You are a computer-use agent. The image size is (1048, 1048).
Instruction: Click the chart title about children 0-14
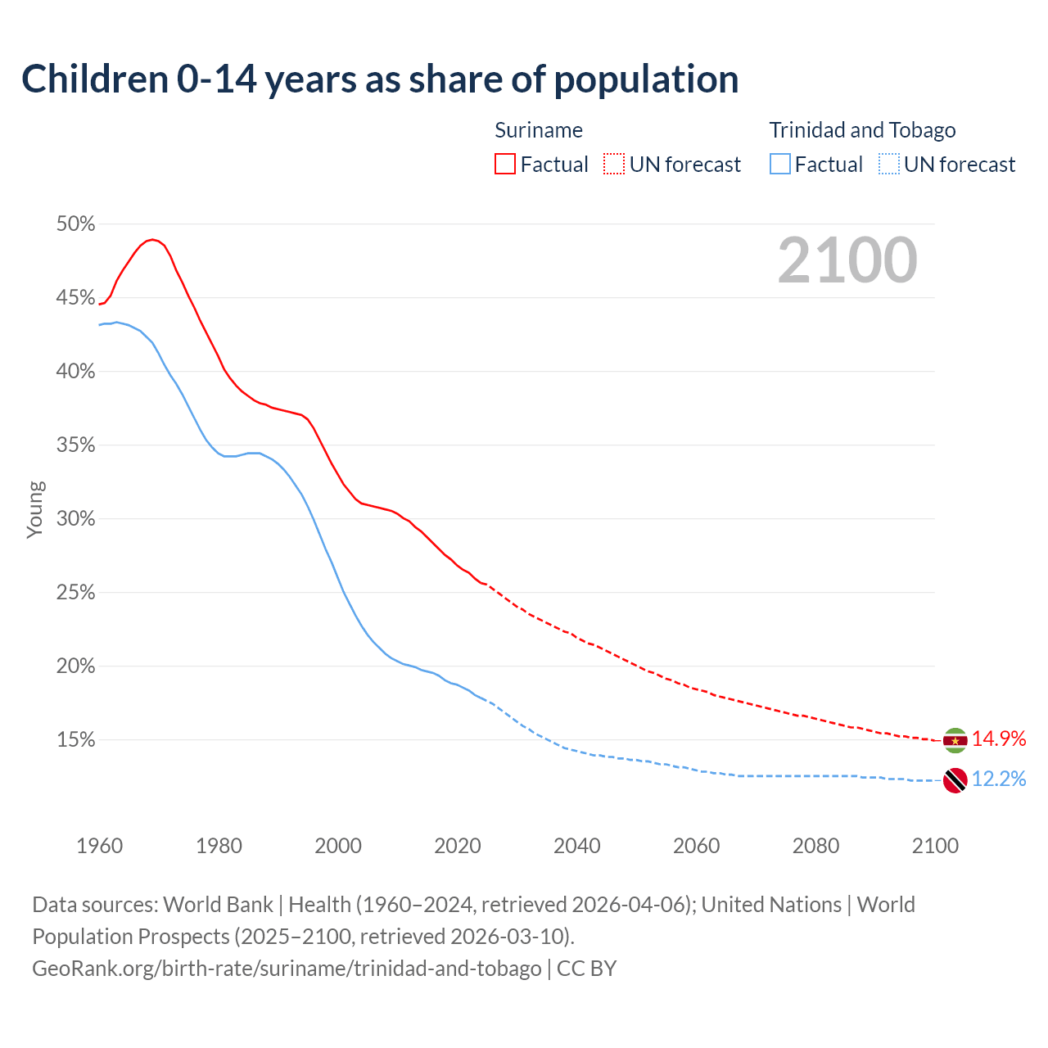(380, 79)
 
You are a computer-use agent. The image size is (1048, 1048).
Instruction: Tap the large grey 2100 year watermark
(847, 260)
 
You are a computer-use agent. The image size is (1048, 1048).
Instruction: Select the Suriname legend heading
(539, 130)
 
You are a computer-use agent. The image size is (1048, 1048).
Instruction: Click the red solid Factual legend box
(505, 165)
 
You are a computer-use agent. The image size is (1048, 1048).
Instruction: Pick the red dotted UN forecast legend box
(614, 165)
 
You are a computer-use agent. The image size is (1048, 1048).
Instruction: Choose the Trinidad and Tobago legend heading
(862, 130)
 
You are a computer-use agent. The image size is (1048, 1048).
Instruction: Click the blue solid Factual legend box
(780, 165)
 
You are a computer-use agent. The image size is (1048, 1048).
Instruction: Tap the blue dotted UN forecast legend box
(888, 165)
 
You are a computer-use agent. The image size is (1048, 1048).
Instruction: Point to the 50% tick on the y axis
(75, 224)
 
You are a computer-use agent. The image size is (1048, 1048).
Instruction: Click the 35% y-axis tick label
(75, 445)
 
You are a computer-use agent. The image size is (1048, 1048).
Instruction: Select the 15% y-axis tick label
(75, 740)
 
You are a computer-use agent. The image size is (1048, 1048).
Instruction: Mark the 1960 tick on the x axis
(99, 846)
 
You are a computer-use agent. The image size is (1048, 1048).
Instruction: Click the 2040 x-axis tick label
(577, 846)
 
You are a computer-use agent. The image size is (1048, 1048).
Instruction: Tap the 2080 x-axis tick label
(815, 846)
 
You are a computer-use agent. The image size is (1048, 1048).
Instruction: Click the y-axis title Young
(35, 509)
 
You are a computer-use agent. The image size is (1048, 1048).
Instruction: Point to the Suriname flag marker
(955, 740)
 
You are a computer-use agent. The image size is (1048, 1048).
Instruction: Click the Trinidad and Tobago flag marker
(955, 780)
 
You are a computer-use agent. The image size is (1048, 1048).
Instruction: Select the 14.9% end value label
(998, 739)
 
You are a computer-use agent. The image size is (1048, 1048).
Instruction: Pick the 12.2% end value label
(998, 779)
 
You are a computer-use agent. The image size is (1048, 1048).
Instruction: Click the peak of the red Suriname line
(152, 239)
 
